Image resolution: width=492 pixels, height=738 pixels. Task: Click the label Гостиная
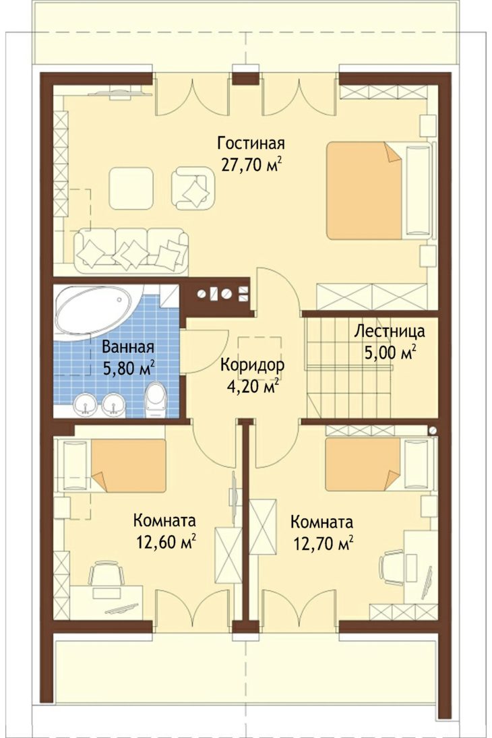click(251, 143)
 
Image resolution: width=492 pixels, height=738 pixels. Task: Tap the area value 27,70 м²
click(251, 164)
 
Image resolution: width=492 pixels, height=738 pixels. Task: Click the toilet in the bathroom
click(156, 400)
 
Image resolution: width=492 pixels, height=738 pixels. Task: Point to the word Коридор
click(252, 365)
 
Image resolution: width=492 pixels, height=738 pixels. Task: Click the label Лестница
click(390, 331)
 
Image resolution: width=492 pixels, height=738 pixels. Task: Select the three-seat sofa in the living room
click(131, 251)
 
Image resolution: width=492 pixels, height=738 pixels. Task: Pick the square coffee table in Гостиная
click(131, 188)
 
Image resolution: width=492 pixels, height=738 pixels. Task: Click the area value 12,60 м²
click(166, 542)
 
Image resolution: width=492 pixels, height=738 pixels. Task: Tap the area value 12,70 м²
click(324, 544)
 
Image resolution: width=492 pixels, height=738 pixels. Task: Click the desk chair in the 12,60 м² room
click(106, 574)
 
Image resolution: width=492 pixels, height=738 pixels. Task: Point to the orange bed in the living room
click(365, 190)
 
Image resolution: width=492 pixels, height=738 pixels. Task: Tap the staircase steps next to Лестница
click(349, 367)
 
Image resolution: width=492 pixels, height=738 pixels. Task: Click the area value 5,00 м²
click(390, 352)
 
